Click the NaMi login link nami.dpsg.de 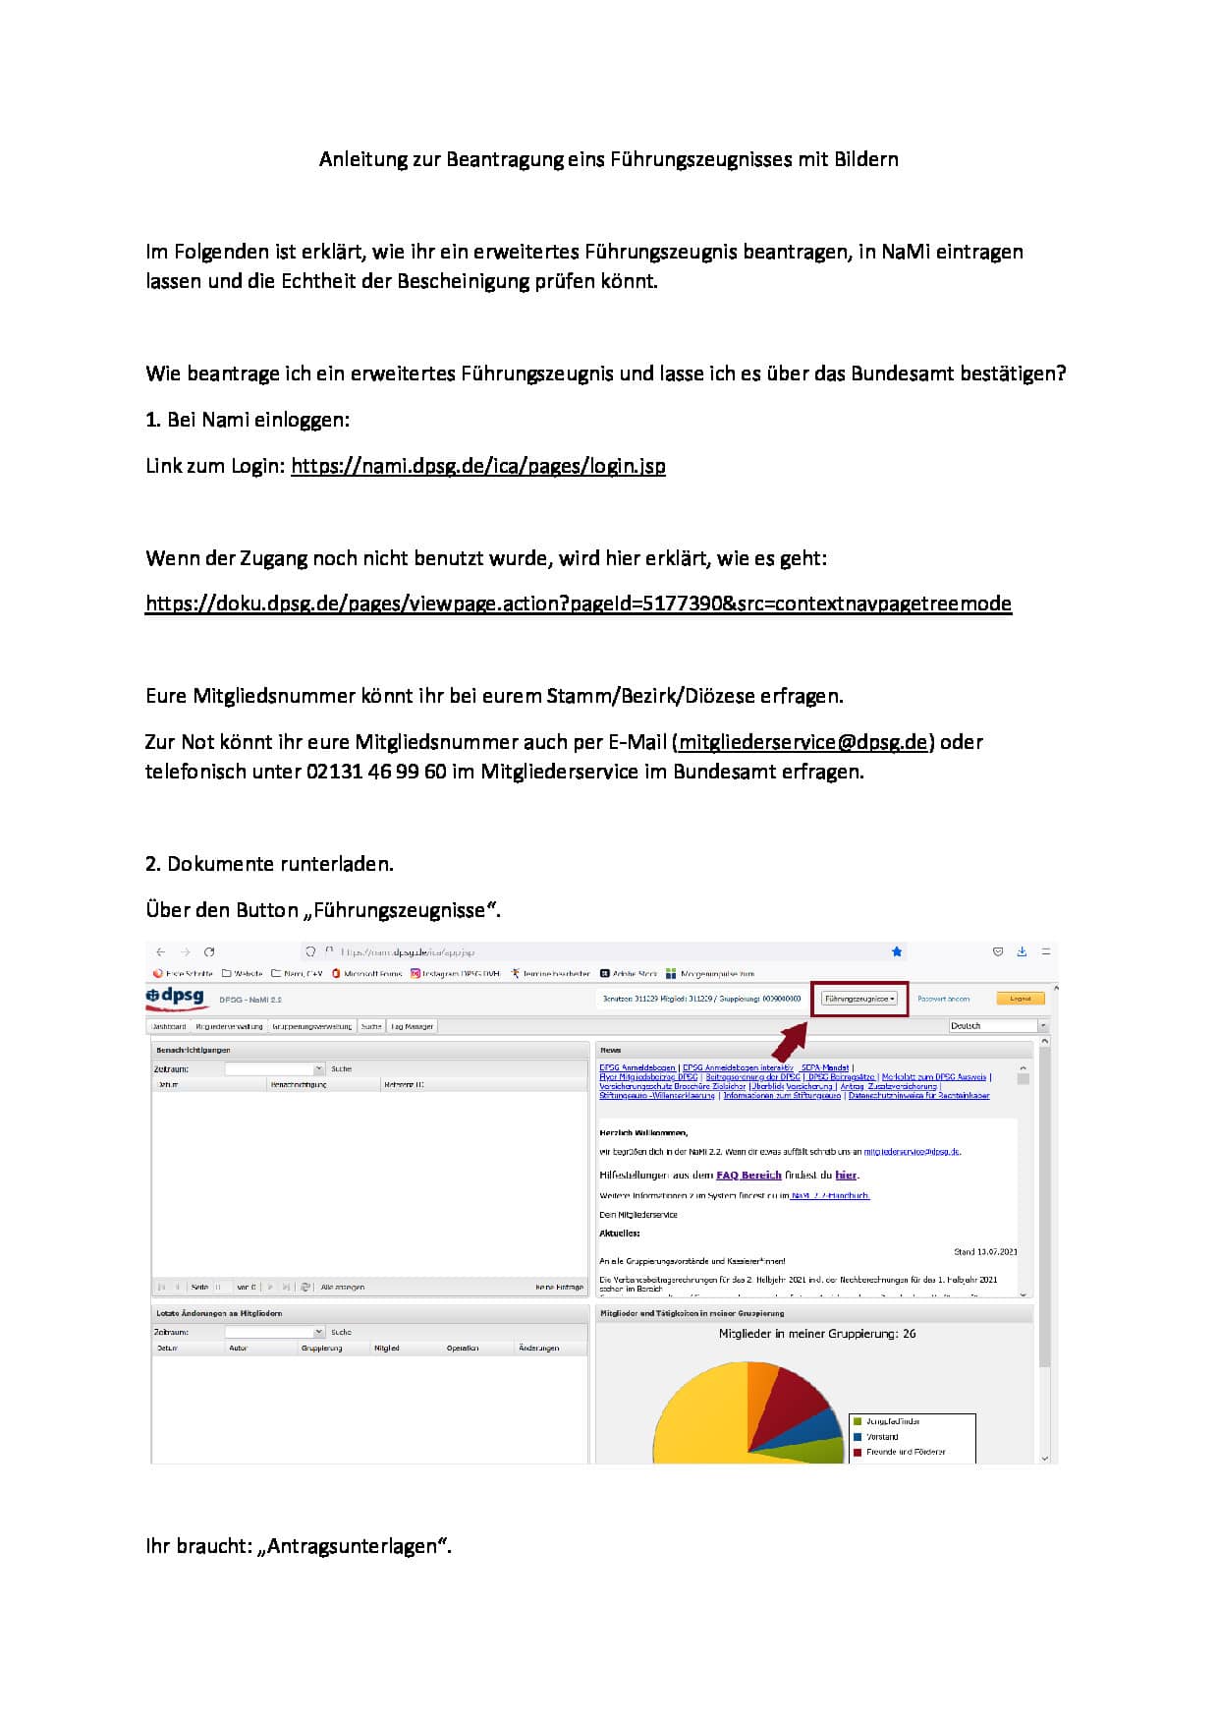pyautogui.click(x=477, y=466)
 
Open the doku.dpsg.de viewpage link pyautogui.click(x=578, y=603)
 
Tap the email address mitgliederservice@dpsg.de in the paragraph pyautogui.click(x=803, y=742)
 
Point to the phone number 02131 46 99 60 pyautogui.click(x=376, y=772)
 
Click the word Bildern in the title pyautogui.click(x=866, y=159)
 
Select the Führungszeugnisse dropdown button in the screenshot pyautogui.click(x=859, y=999)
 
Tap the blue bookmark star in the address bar pyautogui.click(x=896, y=951)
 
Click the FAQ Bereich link pyautogui.click(x=748, y=1175)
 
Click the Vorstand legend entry pyautogui.click(x=882, y=1437)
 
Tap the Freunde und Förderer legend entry pyautogui.click(x=905, y=1452)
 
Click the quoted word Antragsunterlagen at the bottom pyautogui.click(x=354, y=1546)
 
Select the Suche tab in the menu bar pyautogui.click(x=371, y=1026)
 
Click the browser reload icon pyautogui.click(x=209, y=951)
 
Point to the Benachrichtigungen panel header pyautogui.click(x=194, y=1050)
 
